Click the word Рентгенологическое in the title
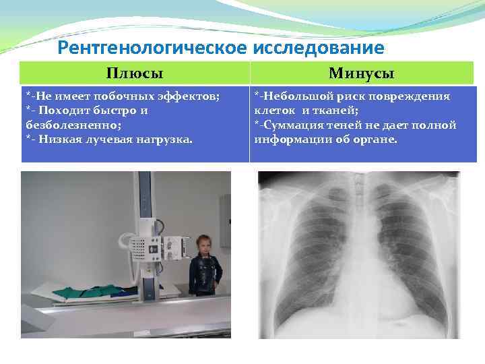click(153, 48)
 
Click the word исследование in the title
click(319, 48)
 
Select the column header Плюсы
click(135, 73)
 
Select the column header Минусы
click(362, 73)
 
